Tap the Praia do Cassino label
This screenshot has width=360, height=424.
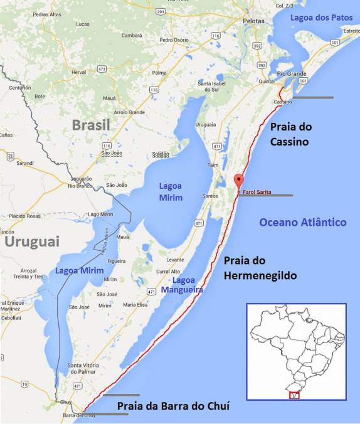(289, 134)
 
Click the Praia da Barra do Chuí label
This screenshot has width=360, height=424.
(174, 406)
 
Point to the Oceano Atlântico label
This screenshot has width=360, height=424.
(302, 222)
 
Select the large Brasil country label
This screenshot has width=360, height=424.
(90, 125)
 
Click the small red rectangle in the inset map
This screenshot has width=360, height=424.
(295, 395)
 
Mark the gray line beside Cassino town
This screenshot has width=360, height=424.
(313, 97)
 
